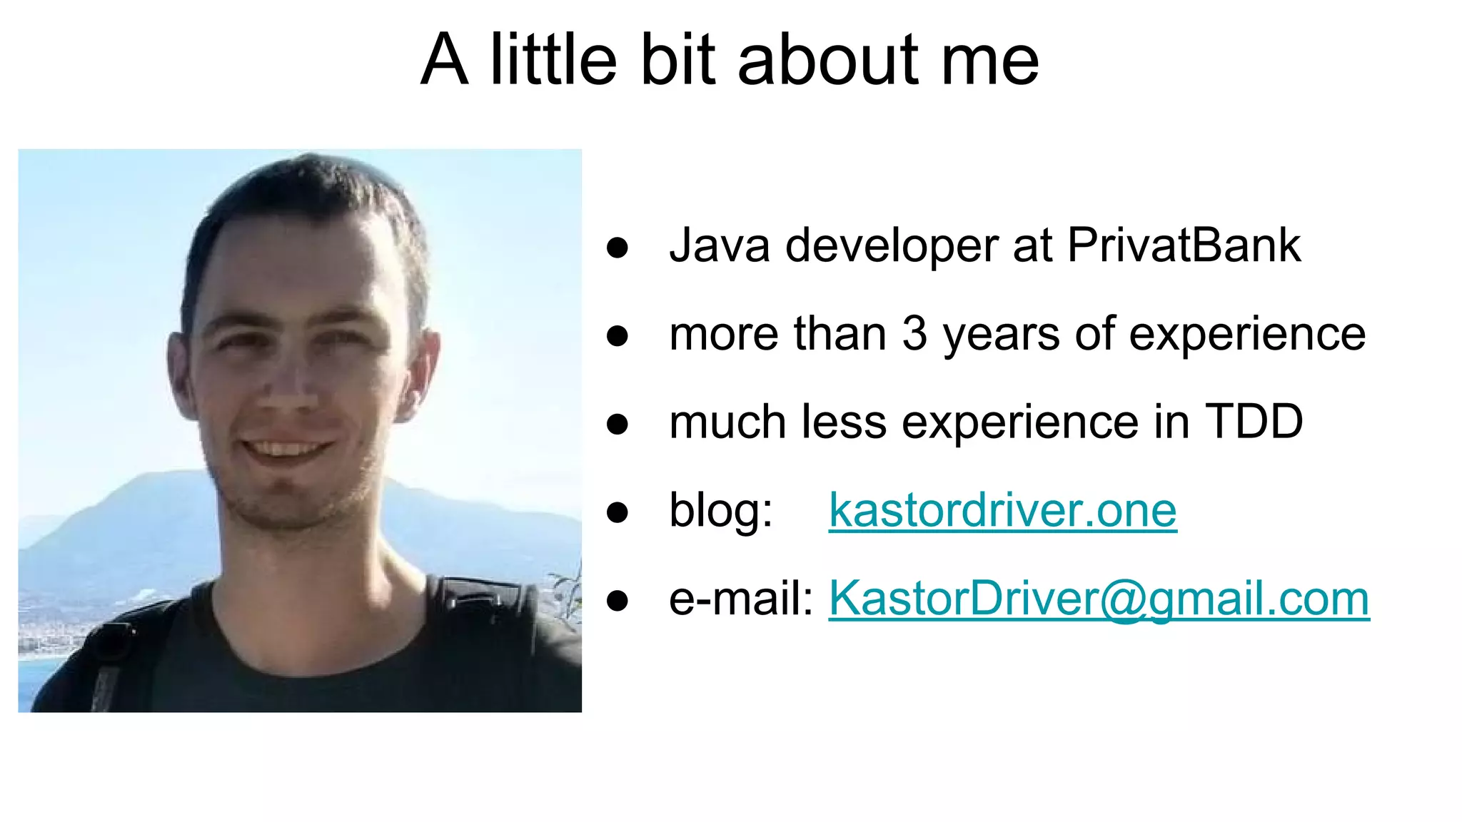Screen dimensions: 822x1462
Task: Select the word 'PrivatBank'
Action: pos(1184,245)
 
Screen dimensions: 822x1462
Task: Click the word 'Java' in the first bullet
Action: pos(719,245)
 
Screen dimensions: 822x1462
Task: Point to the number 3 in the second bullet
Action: pos(914,333)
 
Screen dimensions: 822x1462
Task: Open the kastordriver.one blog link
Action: pos(1002,510)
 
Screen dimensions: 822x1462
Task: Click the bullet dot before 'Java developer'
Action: pos(617,248)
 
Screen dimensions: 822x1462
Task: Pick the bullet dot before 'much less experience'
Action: pos(617,424)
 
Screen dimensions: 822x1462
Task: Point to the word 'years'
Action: pos(1001,335)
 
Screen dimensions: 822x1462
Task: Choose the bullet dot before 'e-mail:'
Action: pos(617,600)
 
